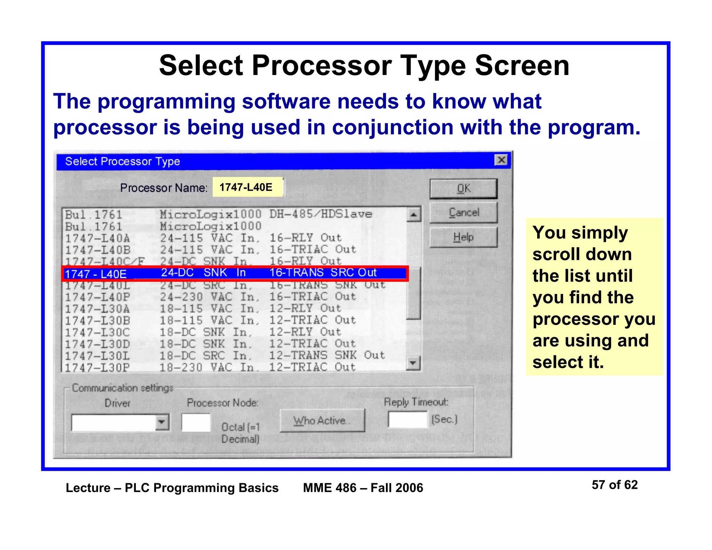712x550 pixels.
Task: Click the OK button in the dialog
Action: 463,189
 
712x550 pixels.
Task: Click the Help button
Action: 463,237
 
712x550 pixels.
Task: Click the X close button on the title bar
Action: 501,160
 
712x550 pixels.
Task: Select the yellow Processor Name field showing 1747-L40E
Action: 248,187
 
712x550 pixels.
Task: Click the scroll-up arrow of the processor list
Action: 413,215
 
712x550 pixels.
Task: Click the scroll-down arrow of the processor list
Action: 413,363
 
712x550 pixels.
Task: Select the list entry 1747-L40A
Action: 98,238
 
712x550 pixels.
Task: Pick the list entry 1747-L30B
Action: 98,320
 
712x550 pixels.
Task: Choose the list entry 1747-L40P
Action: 98,297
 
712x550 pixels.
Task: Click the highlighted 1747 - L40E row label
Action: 96,274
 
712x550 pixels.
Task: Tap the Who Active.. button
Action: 322,421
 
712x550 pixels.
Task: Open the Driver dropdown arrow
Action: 162,422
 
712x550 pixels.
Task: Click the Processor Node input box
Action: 196,422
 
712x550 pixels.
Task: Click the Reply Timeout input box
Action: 407,420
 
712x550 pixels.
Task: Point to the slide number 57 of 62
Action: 614,485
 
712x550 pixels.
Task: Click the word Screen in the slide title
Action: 522,66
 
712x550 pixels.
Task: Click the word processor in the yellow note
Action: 563,319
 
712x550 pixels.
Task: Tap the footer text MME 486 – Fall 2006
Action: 363,488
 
